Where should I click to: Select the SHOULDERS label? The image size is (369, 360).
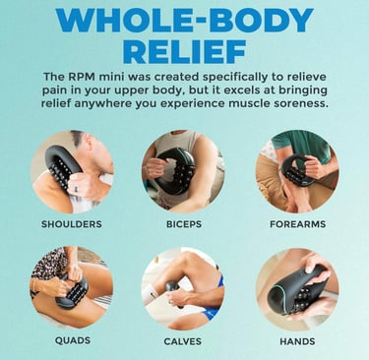72,224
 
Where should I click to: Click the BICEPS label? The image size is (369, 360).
184,224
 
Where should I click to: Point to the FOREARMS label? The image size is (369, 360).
298,224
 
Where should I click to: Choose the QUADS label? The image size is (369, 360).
73,340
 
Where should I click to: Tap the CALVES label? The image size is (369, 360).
182,341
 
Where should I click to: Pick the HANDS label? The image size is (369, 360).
297,341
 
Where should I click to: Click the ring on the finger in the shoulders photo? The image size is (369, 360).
76,189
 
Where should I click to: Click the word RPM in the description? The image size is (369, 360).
82,77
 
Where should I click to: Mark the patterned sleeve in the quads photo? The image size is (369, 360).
49,266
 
